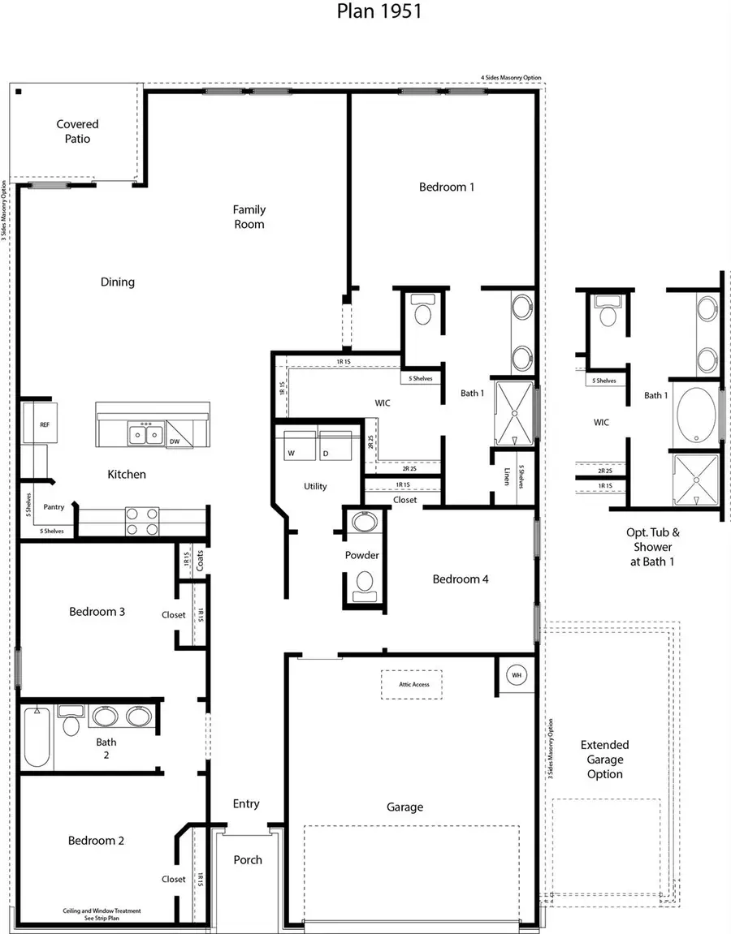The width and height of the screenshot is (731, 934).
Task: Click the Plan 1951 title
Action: pos(379,12)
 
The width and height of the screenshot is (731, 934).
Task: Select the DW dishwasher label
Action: pos(175,441)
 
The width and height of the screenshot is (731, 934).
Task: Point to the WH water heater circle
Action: pos(517,674)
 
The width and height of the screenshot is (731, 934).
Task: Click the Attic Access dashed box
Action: pos(412,684)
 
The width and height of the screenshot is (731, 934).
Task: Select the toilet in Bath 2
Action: pos(71,721)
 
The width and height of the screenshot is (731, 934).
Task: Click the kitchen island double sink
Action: pos(147,434)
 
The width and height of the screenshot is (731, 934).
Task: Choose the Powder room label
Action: pos(362,555)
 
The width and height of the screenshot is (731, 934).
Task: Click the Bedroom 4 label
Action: pos(460,579)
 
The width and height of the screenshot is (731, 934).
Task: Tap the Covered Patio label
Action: pos(77,131)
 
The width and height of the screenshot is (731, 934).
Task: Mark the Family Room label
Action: pos(249,217)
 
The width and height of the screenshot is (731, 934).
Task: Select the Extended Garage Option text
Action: pos(605,760)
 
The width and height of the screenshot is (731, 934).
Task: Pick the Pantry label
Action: pos(54,506)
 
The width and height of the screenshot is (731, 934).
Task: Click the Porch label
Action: pos(248,859)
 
